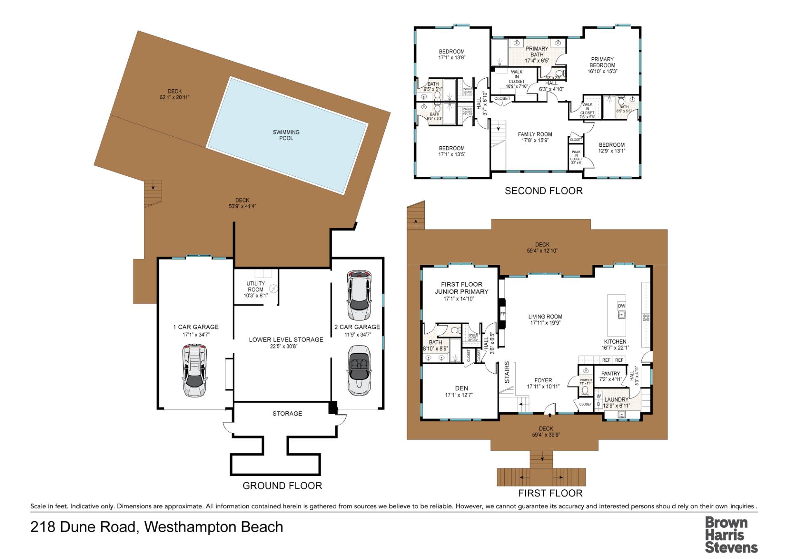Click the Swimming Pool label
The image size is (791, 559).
click(x=286, y=135)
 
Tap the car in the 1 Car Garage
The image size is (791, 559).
click(x=194, y=371)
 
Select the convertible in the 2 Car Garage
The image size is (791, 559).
click(x=359, y=370)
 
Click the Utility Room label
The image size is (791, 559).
click(x=255, y=286)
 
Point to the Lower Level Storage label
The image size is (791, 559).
click(x=286, y=339)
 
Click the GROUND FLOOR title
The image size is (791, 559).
click(x=282, y=486)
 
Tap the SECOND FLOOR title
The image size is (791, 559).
click(x=543, y=191)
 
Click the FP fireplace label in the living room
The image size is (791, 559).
click(x=503, y=314)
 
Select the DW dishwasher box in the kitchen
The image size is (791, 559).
click(x=621, y=306)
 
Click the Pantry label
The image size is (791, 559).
click(x=611, y=374)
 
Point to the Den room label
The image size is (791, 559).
click(x=461, y=388)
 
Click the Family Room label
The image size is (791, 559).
click(x=535, y=134)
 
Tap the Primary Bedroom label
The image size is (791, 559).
click(x=602, y=62)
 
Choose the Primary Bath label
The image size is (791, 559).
click(x=537, y=51)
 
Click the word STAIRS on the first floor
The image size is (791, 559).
click(x=507, y=372)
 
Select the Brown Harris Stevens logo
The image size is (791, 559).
click(x=731, y=535)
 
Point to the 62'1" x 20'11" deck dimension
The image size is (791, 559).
click(x=175, y=98)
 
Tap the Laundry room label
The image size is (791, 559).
click(x=616, y=400)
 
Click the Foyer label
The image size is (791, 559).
click(x=543, y=380)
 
